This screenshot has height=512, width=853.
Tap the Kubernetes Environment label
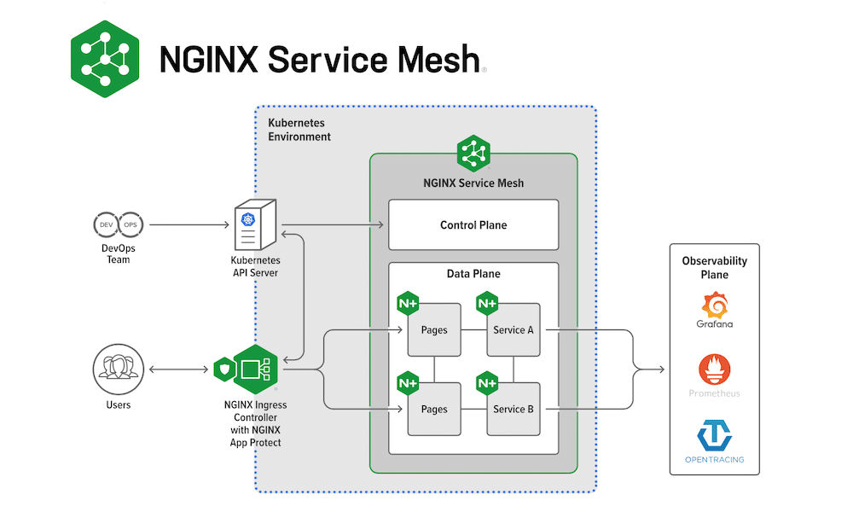click(299, 130)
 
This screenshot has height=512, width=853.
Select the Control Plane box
click(473, 225)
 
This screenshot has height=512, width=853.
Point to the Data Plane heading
click(473, 274)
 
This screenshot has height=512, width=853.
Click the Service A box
click(514, 329)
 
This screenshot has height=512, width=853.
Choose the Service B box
click(514, 409)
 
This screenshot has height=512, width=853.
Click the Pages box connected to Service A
click(434, 329)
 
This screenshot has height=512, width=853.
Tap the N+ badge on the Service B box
click(487, 383)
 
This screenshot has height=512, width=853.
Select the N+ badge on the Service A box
click(487, 303)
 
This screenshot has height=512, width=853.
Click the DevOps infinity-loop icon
click(118, 225)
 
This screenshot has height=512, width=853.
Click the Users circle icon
click(118, 369)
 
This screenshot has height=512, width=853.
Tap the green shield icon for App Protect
click(223, 369)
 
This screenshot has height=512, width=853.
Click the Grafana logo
click(715, 305)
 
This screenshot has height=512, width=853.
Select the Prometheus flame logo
click(715, 369)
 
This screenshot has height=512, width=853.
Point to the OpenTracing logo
click(715, 434)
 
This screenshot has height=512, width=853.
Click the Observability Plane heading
click(715, 267)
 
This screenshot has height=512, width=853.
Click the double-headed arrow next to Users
click(179, 369)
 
